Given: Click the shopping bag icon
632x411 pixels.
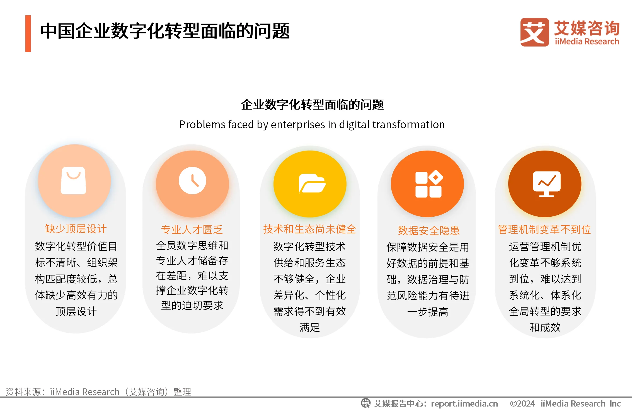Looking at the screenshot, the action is tap(73, 180).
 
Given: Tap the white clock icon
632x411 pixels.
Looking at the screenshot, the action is tap(192, 180).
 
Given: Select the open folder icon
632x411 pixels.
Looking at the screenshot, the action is tap(312, 183).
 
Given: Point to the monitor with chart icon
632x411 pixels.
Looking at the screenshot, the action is tap(547, 184).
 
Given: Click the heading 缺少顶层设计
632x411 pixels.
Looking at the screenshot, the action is tap(76, 229).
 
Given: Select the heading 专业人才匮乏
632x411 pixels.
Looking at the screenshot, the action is tap(192, 229).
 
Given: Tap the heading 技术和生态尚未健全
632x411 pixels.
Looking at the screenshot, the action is tap(310, 229).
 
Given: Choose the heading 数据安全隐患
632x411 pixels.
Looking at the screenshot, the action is tap(429, 231).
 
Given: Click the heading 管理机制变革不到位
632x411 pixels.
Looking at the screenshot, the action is tap(544, 229).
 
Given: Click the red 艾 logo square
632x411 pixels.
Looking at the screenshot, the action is tap(534, 32).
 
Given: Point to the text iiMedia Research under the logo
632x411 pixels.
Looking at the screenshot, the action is tap(587, 42).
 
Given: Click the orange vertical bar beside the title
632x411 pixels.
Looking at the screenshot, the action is tap(28, 33).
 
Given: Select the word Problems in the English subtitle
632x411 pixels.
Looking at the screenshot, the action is tap(202, 124).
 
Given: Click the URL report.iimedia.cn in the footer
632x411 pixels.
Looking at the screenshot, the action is tap(464, 403).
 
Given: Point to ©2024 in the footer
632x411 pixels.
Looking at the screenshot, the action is tap(522, 403).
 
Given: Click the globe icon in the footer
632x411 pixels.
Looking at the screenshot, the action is tap(365, 403).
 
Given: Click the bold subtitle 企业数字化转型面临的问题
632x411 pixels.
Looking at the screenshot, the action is tap(313, 105).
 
